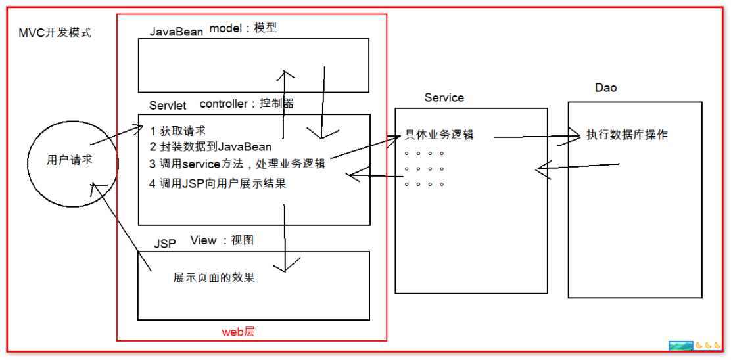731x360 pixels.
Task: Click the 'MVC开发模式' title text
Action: click(55, 33)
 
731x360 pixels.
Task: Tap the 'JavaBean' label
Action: click(176, 32)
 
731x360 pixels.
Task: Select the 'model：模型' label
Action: click(243, 28)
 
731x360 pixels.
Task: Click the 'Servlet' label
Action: click(168, 105)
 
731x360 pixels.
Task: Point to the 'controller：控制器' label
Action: click(247, 103)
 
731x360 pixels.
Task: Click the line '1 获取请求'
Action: click(177, 131)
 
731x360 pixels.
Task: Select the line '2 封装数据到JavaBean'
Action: click(210, 146)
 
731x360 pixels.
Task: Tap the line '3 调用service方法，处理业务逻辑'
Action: click(237, 164)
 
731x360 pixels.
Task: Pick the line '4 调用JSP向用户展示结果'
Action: click(218, 183)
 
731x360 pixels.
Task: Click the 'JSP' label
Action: click(165, 243)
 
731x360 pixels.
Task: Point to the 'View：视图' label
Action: click(222, 240)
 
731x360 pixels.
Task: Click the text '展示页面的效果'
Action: click(214, 277)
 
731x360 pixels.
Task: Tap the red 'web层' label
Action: click(238, 332)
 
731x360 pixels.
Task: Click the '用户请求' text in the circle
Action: click(70, 160)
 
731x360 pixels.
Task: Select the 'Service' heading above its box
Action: click(444, 97)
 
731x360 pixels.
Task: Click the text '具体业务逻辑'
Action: click(439, 135)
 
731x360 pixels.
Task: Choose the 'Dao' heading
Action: click(606, 87)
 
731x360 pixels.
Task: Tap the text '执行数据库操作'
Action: click(627, 135)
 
